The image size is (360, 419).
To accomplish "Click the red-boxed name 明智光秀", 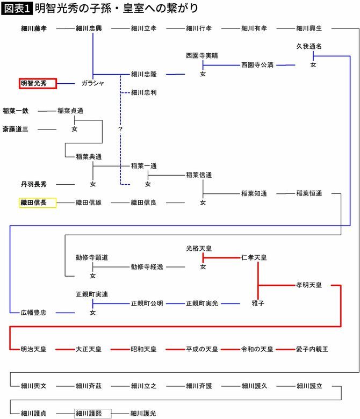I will pos(37,83).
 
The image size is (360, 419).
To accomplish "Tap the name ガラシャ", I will pos(92,83).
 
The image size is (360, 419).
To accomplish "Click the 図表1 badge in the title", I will pos(17,9).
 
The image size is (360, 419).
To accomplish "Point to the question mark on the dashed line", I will pos(120,129).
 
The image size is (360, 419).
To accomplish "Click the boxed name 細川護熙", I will pos(92,413).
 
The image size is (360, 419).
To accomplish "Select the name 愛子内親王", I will pos(309,349).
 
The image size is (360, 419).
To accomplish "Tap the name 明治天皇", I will pos(33,349).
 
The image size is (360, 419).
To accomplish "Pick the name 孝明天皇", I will pos(309,285).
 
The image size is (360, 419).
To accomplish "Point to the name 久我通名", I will pos(309,47).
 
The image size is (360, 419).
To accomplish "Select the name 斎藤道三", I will pos(15,129).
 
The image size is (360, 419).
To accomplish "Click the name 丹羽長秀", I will pos(33,184).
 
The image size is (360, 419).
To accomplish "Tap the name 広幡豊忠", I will pos(33,312).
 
